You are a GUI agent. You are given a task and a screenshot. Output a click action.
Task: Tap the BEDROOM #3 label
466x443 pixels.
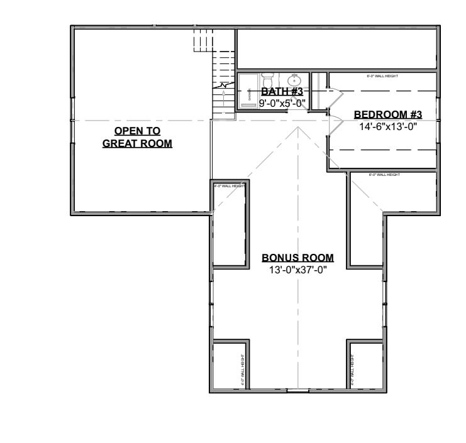(387, 114)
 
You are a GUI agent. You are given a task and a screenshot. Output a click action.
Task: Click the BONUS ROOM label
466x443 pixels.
(297, 258)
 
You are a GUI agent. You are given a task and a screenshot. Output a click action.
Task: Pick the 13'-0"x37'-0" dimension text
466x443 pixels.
(297, 270)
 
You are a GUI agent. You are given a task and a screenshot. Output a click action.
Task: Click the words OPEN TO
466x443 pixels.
(137, 131)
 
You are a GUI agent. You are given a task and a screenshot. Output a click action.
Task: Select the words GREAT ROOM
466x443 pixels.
(137, 143)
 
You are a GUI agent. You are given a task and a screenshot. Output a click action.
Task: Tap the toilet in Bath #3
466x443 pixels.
(267, 82)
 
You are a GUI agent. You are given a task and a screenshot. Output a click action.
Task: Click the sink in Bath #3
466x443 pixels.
(293, 80)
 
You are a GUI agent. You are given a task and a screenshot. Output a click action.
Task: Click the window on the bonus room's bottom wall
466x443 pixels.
(297, 391)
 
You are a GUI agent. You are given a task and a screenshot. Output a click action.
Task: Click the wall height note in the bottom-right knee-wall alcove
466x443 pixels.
(352, 370)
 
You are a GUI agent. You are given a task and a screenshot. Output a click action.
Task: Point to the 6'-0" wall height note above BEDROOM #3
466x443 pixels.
(382, 77)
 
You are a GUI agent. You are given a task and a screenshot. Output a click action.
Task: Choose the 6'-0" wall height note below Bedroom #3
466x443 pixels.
(384, 175)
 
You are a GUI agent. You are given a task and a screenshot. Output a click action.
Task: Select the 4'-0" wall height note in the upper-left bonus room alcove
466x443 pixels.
(229, 186)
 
